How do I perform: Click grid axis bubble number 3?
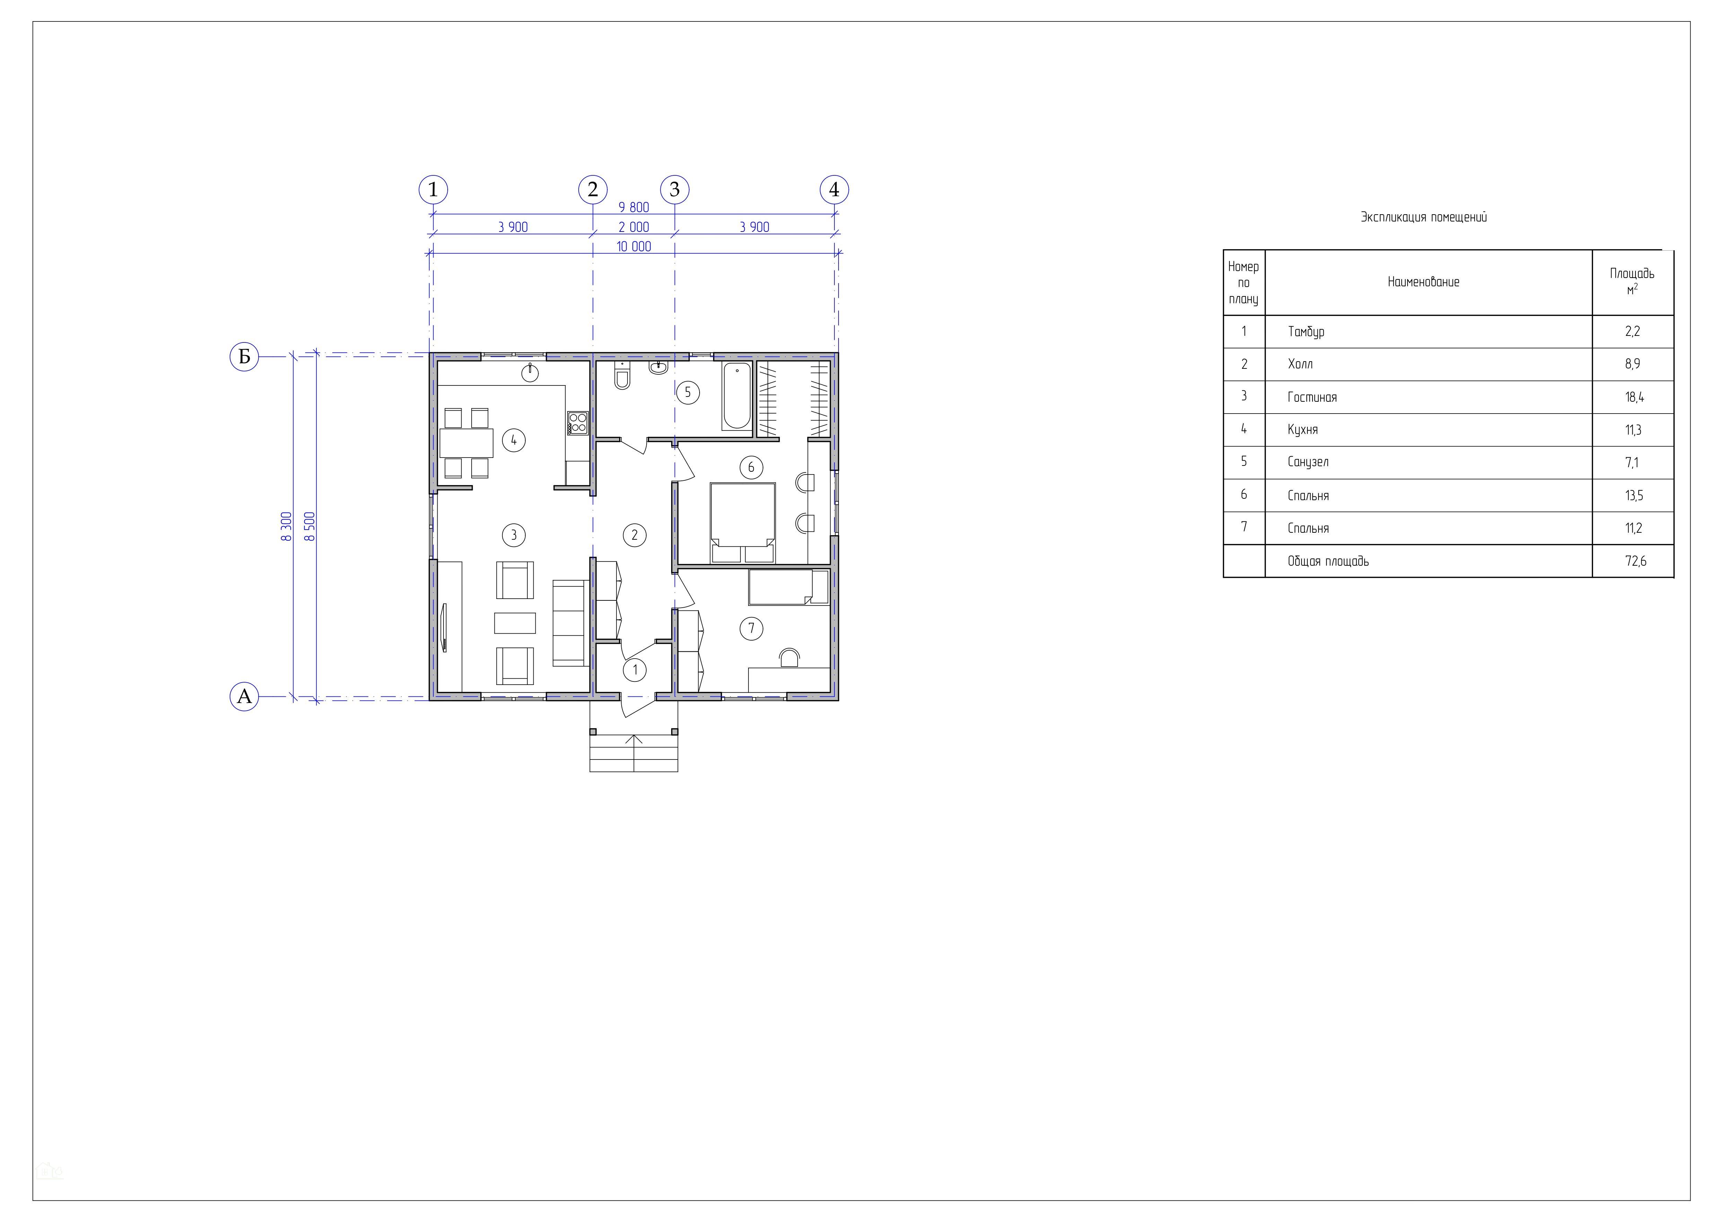[675, 190]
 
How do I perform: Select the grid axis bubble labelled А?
[244, 696]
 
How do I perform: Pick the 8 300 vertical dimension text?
[286, 527]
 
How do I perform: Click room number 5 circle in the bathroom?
[687, 392]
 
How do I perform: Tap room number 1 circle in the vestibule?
[635, 669]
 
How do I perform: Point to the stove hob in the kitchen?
[577, 423]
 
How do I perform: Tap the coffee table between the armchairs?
[515, 623]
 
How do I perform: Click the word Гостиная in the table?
[1312, 397]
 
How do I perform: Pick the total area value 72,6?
[1635, 561]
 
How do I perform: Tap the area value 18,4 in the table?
[1634, 397]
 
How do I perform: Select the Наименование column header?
[1423, 282]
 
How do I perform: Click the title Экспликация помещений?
[1423, 217]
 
